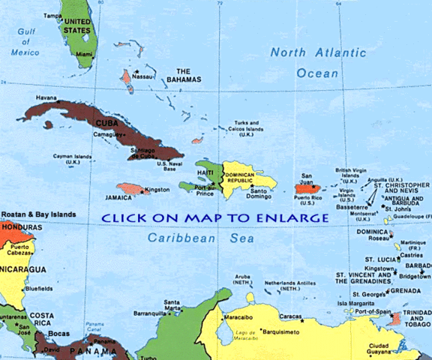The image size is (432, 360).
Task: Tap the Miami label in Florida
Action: (x=84, y=54)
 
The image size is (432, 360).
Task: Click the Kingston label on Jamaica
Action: (x=157, y=189)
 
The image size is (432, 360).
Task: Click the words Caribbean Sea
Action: (x=201, y=238)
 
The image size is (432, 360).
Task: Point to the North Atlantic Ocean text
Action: (x=304, y=62)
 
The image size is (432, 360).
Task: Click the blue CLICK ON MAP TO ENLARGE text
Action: (x=216, y=218)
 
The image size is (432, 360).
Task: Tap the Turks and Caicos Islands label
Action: (x=246, y=128)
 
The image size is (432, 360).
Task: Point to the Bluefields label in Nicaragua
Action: (x=39, y=288)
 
